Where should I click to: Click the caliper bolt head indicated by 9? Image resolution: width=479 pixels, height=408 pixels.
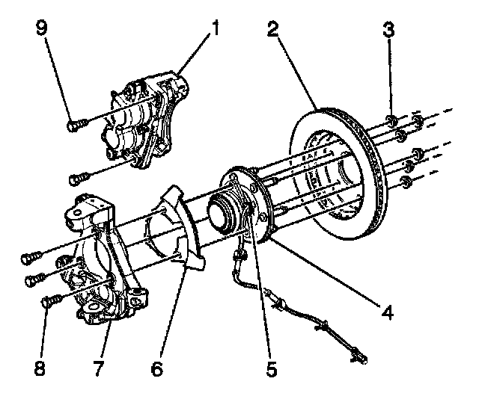pyautogui.click(x=73, y=126)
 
